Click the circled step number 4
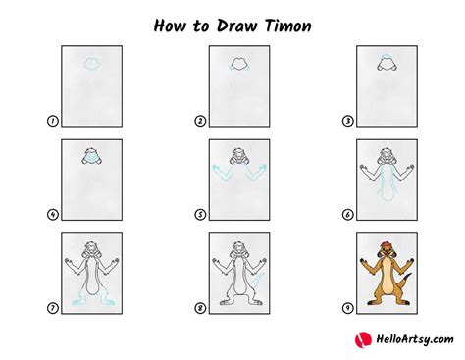[51, 215]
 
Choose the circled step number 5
[200, 215]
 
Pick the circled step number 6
[348, 215]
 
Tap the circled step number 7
[51, 309]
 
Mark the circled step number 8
[200, 309]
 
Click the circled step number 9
[348, 309]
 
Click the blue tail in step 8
[259, 287]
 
